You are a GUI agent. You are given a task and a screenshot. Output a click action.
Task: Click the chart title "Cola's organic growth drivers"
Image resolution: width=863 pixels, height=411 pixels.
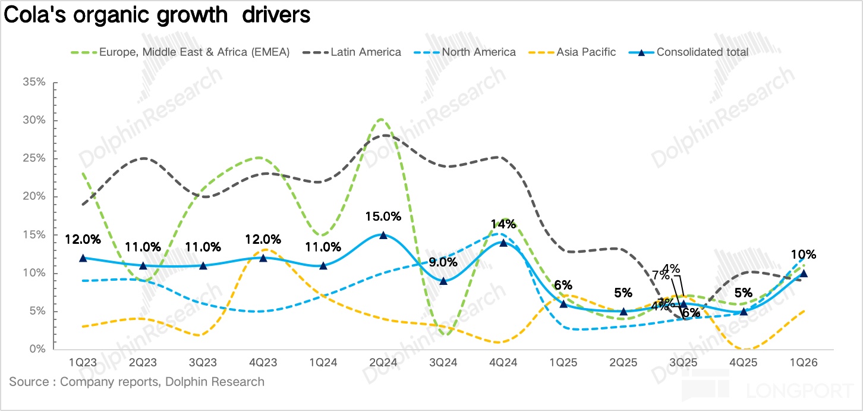tap(157, 15)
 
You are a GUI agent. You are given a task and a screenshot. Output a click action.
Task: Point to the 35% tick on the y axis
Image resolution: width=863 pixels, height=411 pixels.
tap(34, 82)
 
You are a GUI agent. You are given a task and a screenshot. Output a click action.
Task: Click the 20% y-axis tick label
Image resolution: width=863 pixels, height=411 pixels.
tap(34, 197)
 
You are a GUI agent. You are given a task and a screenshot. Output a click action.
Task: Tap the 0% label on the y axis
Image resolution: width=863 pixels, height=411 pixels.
tap(37, 349)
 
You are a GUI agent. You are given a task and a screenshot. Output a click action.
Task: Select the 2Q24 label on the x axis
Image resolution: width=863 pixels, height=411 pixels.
tap(383, 362)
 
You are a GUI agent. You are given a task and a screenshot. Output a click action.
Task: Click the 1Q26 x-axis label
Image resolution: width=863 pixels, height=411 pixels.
tap(803, 362)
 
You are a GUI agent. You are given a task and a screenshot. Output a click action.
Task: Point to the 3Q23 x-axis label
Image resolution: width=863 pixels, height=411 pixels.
tap(203, 362)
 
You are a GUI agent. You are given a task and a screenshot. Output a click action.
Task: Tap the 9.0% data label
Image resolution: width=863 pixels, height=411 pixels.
tap(443, 262)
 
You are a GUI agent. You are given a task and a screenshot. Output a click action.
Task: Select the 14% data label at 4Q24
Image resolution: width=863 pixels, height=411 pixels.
tap(503, 224)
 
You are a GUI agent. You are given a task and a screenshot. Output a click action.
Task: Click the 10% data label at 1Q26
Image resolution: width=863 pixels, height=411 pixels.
tap(804, 255)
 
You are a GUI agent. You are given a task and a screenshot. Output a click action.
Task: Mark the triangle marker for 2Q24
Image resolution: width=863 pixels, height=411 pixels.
tap(383, 235)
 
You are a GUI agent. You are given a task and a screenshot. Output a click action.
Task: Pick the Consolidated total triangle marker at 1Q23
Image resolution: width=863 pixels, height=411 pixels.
tap(83, 258)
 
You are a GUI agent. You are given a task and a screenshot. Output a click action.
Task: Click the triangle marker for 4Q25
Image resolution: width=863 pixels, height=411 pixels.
tap(744, 311)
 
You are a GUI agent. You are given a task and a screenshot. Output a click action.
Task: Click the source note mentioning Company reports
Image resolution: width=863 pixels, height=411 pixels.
tap(137, 382)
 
